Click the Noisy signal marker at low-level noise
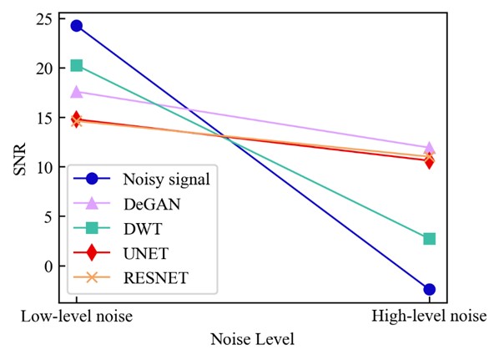coord(77,26)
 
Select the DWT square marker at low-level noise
coord(77,66)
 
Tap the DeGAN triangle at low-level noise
coord(77,92)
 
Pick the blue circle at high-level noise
coord(429,289)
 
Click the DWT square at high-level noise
coord(429,239)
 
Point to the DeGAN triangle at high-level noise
coord(429,148)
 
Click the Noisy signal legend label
coord(166,180)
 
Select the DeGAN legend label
coord(152,204)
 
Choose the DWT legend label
coord(143,229)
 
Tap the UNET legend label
coord(146,253)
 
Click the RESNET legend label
coord(156,278)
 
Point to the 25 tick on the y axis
coord(43,19)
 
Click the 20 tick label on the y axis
coord(43,68)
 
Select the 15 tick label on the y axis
coord(43,118)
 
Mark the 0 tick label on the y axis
coord(48,266)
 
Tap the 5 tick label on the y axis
coord(48,216)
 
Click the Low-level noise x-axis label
coord(77,317)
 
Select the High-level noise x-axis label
coord(429,317)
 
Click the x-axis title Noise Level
coord(252,339)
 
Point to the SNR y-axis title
coord(20,159)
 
